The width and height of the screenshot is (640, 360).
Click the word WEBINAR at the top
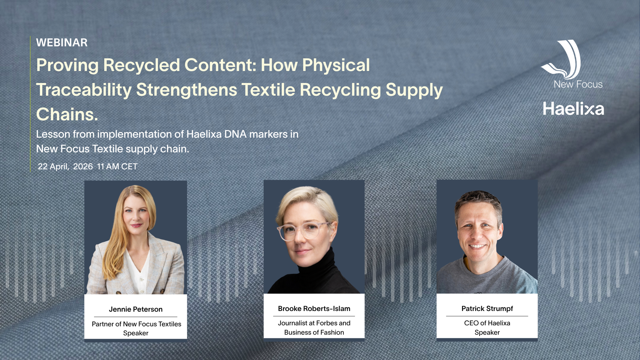[62, 43]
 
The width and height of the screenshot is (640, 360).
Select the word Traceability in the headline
[84, 90]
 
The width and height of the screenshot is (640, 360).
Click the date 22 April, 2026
[65, 167]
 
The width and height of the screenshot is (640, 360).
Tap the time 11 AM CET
[117, 167]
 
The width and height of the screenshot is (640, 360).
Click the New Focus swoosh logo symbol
[562, 59]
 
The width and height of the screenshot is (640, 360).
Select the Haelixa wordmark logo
[573, 109]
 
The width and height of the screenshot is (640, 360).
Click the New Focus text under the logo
[578, 84]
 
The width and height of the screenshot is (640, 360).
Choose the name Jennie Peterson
[136, 309]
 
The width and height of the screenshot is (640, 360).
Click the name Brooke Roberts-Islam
[314, 309]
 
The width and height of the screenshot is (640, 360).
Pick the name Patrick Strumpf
[487, 309]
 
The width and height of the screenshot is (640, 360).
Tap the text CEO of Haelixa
[487, 323]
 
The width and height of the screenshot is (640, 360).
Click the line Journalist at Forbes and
[314, 323]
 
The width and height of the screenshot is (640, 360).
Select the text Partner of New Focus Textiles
[136, 324]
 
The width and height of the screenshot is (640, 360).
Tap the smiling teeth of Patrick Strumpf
[477, 246]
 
